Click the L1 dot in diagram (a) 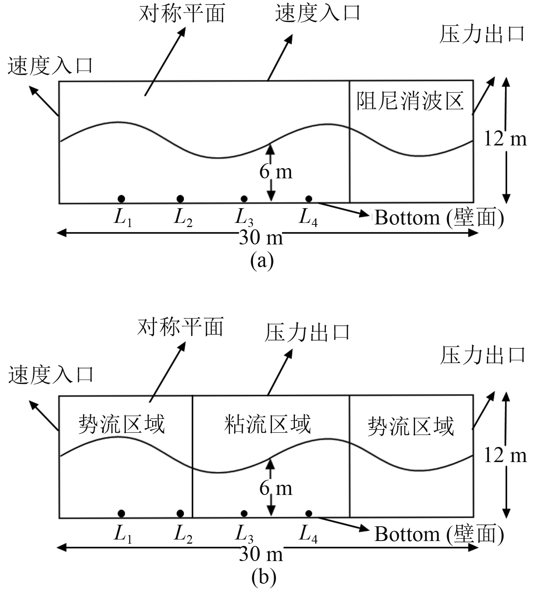[x=121, y=199]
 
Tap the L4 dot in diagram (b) [x=309, y=513]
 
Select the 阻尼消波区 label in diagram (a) [x=410, y=101]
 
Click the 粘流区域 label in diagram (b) [x=267, y=424]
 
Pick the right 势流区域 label [x=410, y=426]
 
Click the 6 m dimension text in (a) [x=276, y=172]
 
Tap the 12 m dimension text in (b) [x=505, y=456]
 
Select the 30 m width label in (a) [x=261, y=238]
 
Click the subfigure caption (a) [x=262, y=261]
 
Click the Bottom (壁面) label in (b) [x=439, y=534]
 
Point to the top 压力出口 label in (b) [x=307, y=332]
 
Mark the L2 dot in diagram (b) [x=180, y=513]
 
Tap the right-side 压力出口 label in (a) [x=482, y=34]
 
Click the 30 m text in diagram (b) [x=261, y=554]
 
